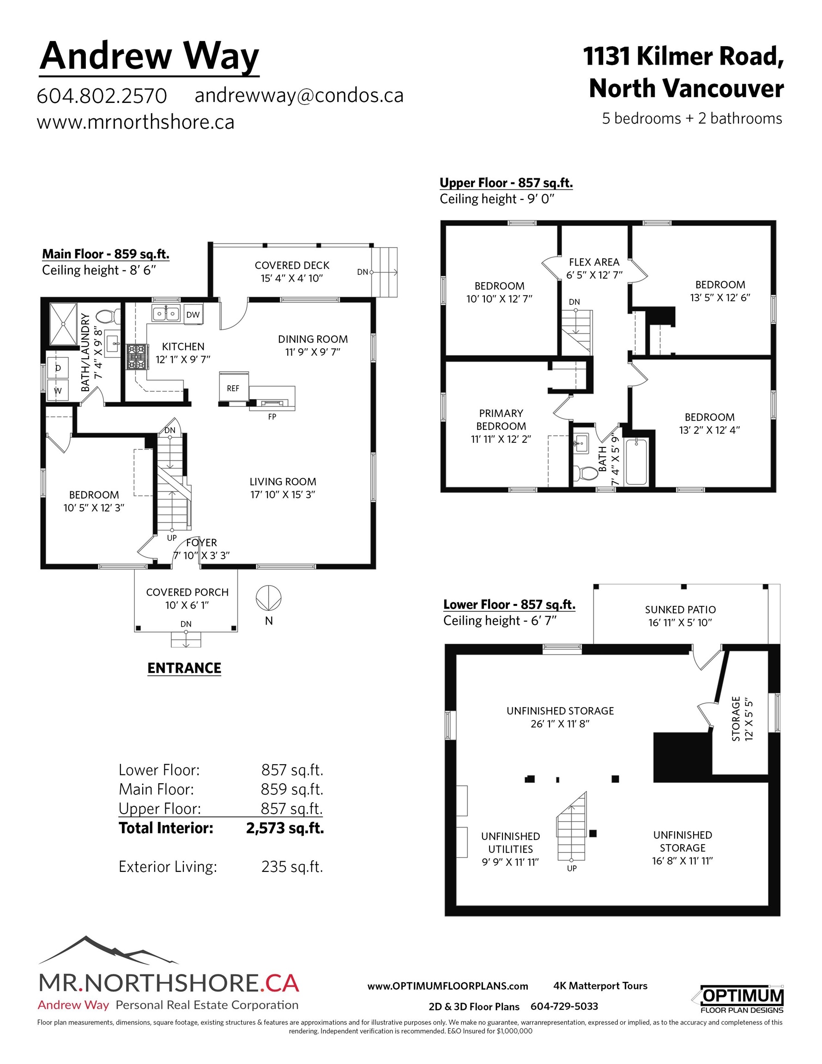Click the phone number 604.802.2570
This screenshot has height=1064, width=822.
coord(102,96)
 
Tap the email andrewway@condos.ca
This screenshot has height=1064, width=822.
coord(299,96)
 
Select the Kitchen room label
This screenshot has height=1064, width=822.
coord(183,346)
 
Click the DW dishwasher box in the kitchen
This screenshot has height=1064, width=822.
coord(193,314)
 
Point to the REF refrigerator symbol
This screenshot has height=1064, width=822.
coord(233,388)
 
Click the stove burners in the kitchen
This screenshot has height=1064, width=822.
coord(136,357)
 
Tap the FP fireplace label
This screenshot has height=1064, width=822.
coord(272,417)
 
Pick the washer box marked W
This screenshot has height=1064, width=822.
coord(58,390)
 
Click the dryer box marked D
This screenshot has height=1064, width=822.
coord(58,368)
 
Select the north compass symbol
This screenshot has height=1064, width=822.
coord(268,598)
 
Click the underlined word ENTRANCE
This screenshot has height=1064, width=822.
coord(184,668)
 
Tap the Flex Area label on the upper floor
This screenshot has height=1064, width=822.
coord(594,262)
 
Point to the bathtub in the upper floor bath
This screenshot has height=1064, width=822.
coord(636,461)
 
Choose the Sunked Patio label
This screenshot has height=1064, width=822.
coord(680,610)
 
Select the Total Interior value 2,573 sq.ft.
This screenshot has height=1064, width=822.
coord(285,828)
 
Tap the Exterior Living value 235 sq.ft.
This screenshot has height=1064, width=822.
coord(292,867)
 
